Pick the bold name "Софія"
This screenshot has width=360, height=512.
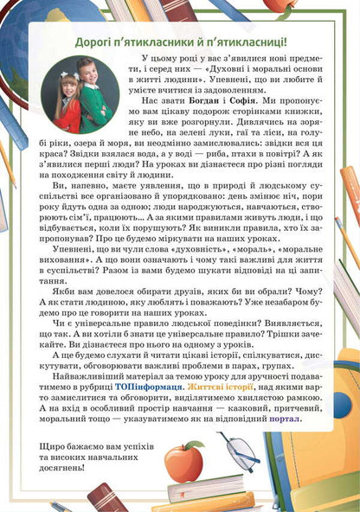(x=239, y=115)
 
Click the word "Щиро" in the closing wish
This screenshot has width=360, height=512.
(x=54, y=445)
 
